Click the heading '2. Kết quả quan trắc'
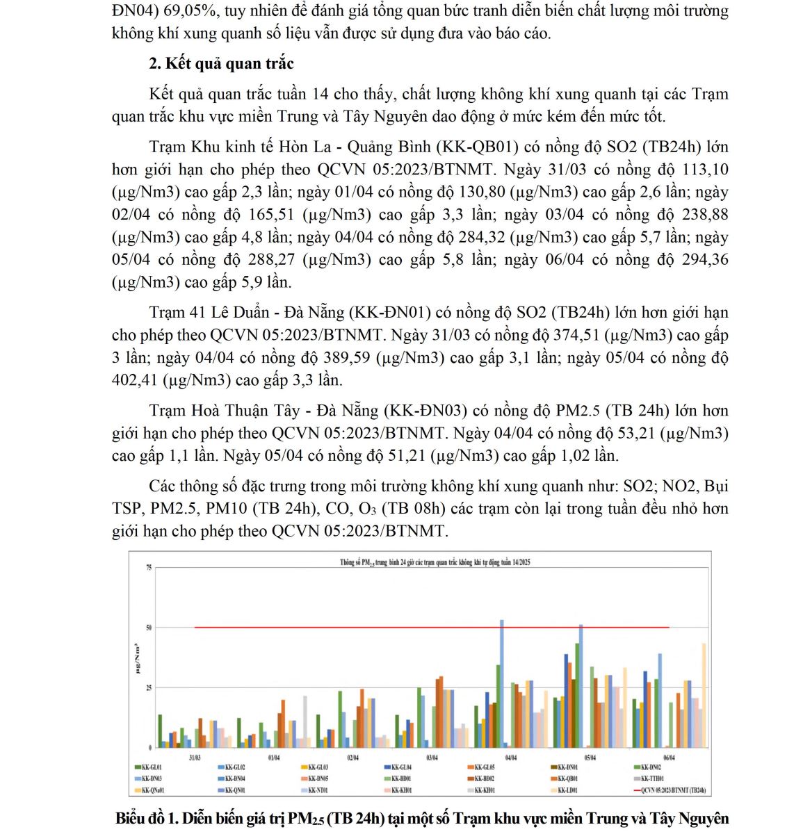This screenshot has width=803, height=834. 221,63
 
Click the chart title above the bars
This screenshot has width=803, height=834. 435,562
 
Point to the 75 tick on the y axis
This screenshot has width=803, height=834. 148,568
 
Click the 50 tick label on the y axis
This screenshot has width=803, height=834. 148,628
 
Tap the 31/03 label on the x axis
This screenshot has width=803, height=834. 195,758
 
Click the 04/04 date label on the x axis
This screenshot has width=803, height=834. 511,758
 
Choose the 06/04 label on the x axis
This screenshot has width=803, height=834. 669,758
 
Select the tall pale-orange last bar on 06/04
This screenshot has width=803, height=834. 704,695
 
